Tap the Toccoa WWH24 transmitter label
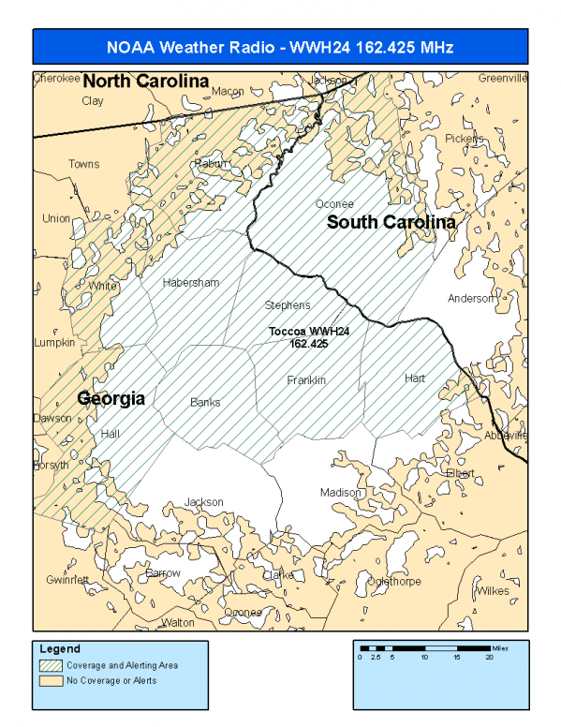click(308, 337)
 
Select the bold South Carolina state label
click(391, 223)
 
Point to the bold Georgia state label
click(111, 398)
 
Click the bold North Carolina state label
click(145, 82)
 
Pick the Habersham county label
click(190, 282)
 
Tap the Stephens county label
click(288, 305)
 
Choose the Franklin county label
click(306, 380)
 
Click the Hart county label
click(415, 378)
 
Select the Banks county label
click(205, 402)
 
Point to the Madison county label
click(340, 493)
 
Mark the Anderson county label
click(470, 299)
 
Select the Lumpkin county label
click(54, 343)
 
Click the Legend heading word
click(60, 649)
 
